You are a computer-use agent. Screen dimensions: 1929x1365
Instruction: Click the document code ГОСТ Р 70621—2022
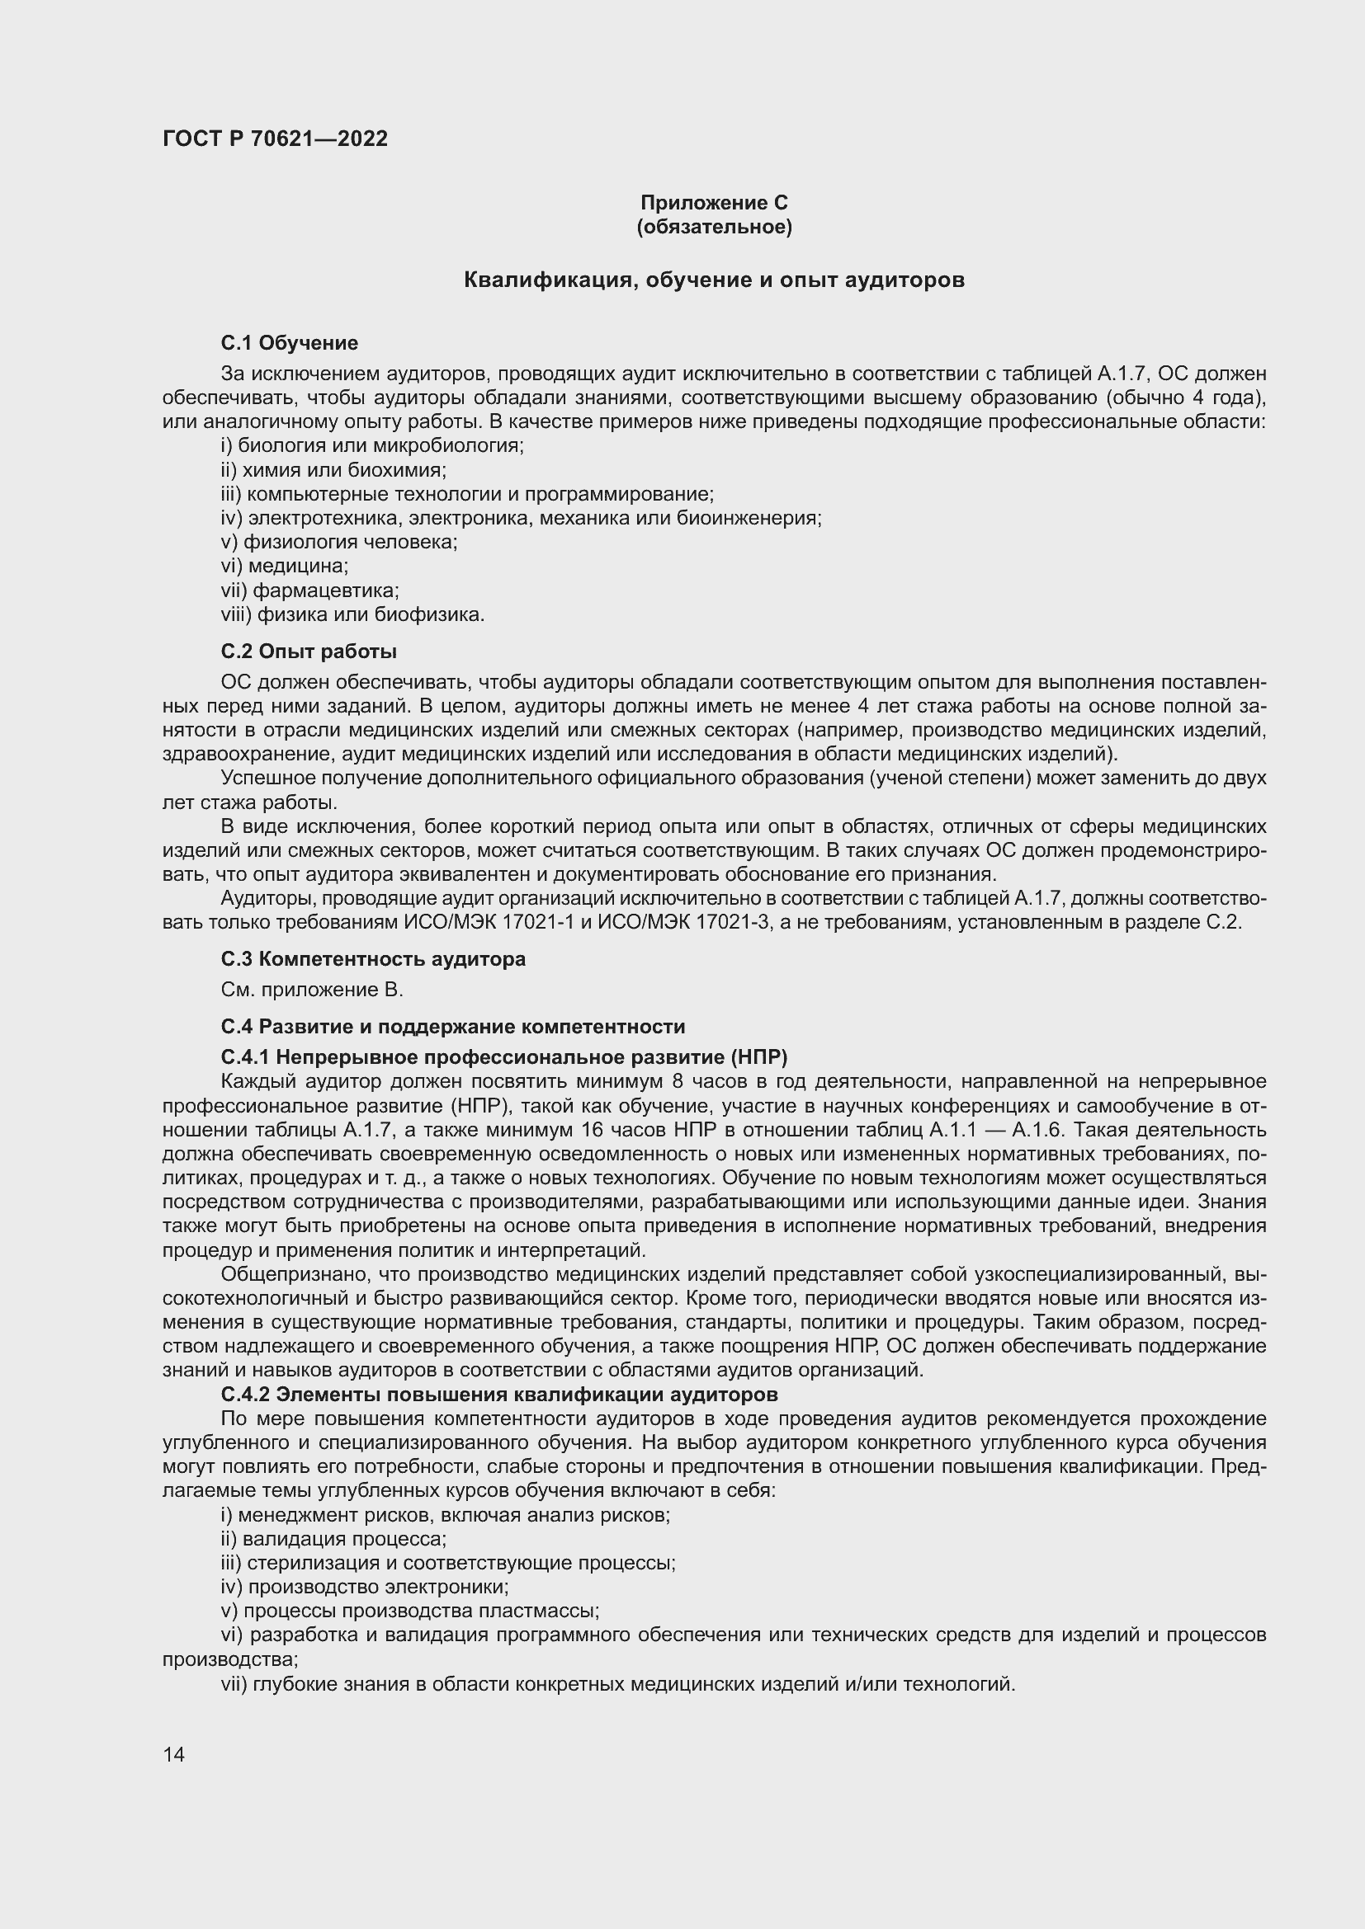point(275,139)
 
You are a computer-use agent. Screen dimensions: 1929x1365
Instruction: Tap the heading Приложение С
point(714,203)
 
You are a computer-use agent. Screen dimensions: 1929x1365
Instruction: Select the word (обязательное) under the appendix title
point(714,227)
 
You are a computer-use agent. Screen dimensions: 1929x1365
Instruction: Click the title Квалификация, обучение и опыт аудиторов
point(714,280)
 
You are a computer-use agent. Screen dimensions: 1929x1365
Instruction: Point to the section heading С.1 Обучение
point(289,343)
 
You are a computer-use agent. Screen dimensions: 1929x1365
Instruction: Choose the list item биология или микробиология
point(371,445)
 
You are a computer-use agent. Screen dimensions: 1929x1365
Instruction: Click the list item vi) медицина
point(284,566)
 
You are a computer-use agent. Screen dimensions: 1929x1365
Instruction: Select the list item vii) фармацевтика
point(309,590)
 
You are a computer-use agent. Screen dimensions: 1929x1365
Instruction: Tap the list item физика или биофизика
point(353,614)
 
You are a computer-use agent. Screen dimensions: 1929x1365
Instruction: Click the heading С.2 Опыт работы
point(309,652)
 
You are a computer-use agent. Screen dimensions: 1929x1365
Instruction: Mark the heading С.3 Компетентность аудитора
point(373,958)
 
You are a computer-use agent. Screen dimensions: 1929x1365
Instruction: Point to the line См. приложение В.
point(312,990)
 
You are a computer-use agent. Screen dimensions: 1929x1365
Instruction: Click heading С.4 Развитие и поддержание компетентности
point(453,1027)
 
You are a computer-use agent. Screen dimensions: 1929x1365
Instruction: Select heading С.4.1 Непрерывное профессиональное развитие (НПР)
point(503,1056)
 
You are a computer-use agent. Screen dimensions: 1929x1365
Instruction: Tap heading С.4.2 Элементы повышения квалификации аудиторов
point(499,1395)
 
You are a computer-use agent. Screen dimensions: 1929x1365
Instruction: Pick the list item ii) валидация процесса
point(333,1539)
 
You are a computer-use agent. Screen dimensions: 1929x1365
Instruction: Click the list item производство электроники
point(365,1587)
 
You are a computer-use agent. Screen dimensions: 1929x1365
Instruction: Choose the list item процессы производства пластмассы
point(409,1611)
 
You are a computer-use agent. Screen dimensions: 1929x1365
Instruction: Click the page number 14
point(173,1754)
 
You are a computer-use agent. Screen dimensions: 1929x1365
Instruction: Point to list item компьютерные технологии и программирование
point(467,494)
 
